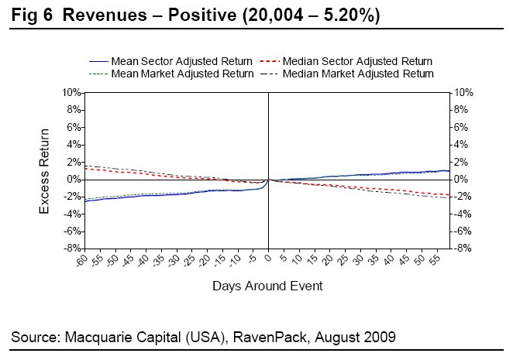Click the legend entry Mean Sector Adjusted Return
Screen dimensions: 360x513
point(181,61)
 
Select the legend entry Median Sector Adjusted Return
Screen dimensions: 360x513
point(357,61)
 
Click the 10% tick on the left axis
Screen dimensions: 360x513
point(71,93)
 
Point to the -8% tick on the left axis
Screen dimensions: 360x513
point(71,249)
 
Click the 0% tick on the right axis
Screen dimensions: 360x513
point(462,180)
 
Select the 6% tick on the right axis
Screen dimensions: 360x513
point(462,127)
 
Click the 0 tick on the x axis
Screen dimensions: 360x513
point(268,256)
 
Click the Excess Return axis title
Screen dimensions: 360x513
point(46,170)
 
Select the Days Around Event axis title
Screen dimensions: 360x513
point(267,286)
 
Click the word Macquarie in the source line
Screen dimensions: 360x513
point(92,338)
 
